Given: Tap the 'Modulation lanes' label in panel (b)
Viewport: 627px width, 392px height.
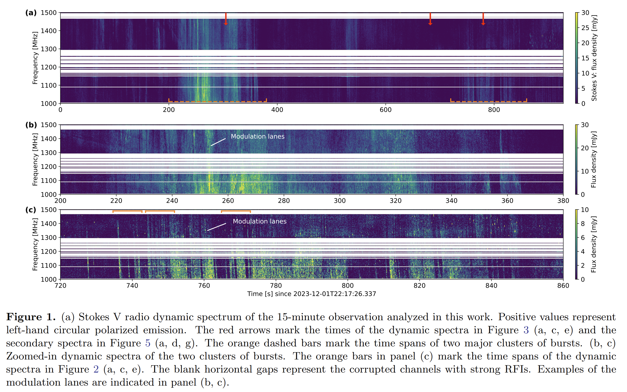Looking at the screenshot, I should tap(258, 136).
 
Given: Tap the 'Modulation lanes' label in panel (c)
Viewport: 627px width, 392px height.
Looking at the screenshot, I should tap(260, 221).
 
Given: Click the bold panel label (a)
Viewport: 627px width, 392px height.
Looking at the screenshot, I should tap(31, 13).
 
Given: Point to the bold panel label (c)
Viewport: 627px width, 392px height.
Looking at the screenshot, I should tap(31, 210).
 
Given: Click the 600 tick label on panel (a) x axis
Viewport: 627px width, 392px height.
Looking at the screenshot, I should tap(385, 110).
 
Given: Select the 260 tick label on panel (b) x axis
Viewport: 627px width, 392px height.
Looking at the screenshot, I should tap(228, 201).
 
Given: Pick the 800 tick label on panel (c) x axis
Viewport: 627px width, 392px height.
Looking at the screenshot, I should tap(348, 285).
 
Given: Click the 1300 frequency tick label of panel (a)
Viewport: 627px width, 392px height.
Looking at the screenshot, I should tap(49, 49).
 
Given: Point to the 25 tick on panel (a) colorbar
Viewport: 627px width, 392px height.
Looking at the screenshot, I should tap(585, 28).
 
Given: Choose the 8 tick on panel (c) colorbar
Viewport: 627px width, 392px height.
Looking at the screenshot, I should tap(583, 224).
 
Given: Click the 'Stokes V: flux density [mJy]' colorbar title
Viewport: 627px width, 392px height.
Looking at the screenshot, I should tap(594, 58).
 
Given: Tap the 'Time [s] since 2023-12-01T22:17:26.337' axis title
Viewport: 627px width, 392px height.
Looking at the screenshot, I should tap(312, 294).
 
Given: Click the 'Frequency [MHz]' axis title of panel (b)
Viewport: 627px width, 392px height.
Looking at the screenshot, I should tap(35, 159).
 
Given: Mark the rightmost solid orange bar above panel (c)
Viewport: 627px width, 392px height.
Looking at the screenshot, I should tap(236, 211).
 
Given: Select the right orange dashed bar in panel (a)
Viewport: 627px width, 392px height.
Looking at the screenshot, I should tap(488, 101).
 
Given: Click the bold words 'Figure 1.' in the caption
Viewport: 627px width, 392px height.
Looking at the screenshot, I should tap(31, 317).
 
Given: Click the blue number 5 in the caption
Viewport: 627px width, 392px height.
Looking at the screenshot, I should tap(148, 343).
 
